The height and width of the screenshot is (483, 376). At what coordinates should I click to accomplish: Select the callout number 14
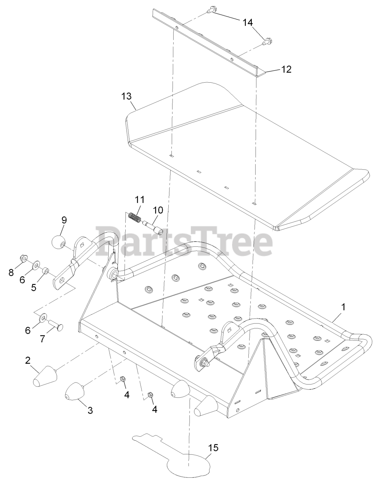(247, 23)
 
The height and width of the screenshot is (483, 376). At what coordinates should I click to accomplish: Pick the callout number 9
(63, 220)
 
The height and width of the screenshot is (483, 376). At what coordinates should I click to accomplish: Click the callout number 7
(43, 338)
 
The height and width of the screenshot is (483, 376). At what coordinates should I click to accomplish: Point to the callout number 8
(11, 272)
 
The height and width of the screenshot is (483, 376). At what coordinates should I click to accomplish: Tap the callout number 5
(34, 287)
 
